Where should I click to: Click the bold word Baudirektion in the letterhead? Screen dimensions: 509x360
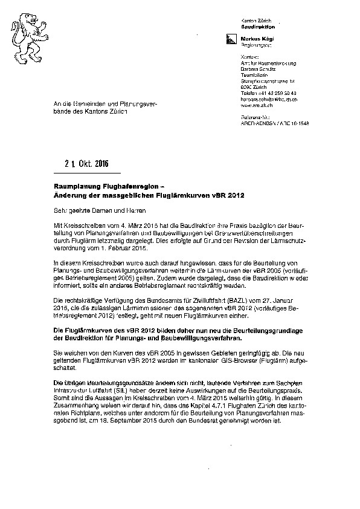pyautogui.click(x=258, y=27)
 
